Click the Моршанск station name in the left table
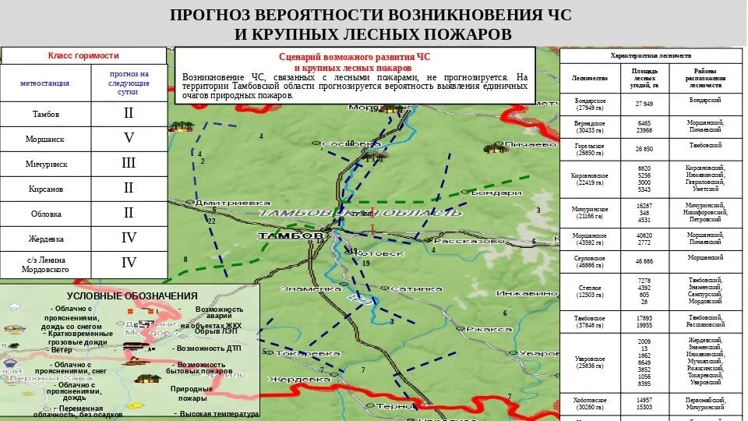44,138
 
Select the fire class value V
129,138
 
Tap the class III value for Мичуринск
129,163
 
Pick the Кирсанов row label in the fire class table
44,189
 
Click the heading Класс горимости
83,55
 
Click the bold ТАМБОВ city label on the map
290,235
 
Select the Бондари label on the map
492,193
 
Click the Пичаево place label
530,145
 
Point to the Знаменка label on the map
310,288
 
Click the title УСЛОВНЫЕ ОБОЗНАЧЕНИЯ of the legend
132,295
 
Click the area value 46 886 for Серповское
644,260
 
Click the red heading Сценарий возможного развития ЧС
355,57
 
